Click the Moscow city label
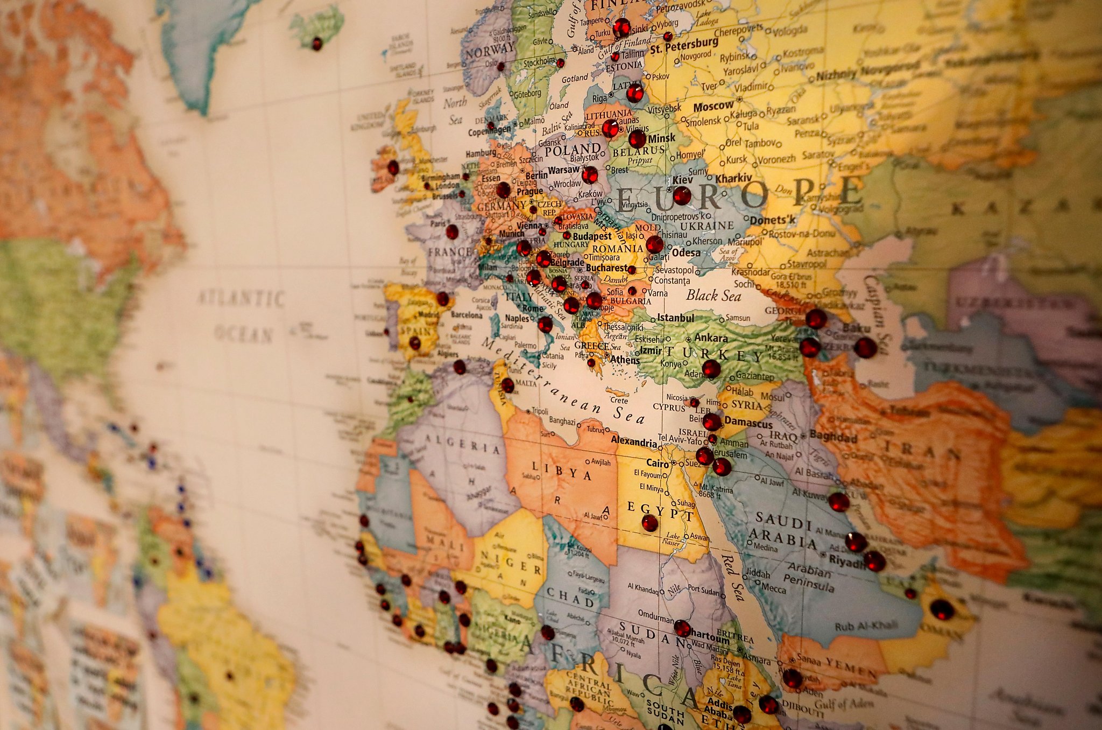click(x=713, y=107)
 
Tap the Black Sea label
click(x=714, y=295)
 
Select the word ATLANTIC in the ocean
click(x=241, y=298)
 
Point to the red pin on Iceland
click(x=317, y=43)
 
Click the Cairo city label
click(x=657, y=463)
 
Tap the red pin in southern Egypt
click(x=649, y=522)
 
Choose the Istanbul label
click(x=675, y=318)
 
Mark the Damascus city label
click(x=747, y=423)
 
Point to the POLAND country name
click(x=573, y=150)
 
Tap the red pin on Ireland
click(x=393, y=167)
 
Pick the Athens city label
click(x=625, y=360)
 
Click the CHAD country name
click(x=570, y=596)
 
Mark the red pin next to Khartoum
click(x=682, y=628)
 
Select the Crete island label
click(x=619, y=401)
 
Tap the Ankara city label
click(x=710, y=338)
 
